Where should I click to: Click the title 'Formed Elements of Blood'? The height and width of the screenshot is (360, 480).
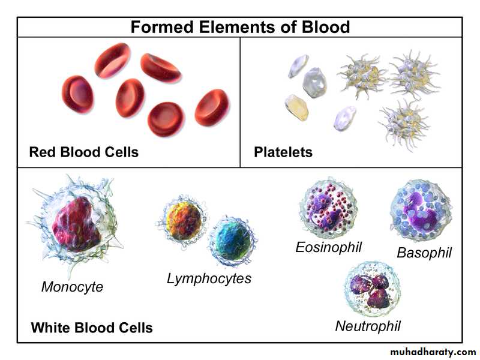[240, 27]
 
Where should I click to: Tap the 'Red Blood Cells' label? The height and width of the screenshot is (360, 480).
[83, 152]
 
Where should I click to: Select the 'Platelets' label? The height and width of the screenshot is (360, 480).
[283, 152]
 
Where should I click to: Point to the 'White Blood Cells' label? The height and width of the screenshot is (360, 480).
[92, 328]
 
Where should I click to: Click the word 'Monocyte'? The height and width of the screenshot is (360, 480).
[72, 287]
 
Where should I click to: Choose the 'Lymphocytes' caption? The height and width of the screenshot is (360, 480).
[209, 279]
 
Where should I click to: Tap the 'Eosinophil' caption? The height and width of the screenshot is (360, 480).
[328, 247]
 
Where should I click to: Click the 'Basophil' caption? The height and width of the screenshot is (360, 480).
[424, 253]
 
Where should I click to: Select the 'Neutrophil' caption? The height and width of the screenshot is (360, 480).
[368, 326]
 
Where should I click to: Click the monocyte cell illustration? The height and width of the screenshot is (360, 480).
[75, 223]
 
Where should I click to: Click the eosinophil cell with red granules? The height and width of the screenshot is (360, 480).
[328, 208]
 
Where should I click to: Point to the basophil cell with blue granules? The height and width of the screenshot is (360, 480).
[421, 210]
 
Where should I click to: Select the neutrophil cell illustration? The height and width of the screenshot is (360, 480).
[372, 290]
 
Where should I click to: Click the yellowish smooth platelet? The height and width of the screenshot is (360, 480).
[296, 107]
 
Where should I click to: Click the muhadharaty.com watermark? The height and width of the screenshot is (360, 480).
[433, 352]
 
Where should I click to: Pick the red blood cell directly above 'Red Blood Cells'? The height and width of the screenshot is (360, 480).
[77, 94]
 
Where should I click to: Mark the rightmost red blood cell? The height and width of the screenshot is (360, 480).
[212, 107]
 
